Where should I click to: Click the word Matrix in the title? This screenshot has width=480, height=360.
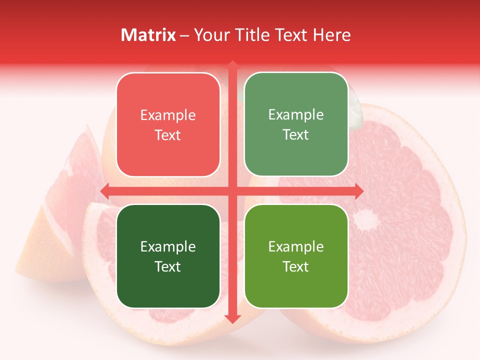click(148, 35)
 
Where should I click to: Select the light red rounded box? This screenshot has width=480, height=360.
click(168, 125)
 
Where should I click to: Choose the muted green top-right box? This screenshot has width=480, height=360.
click(296, 124)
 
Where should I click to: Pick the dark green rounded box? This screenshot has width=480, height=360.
click(168, 256)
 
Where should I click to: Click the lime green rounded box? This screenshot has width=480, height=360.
click(296, 256)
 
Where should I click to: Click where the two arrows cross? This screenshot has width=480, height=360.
click(232, 191)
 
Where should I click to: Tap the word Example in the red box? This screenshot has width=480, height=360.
click(168, 115)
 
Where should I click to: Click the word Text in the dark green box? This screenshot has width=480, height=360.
click(168, 266)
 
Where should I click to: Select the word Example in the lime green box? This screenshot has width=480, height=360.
click(296, 246)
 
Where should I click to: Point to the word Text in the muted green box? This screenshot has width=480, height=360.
click(296, 134)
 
